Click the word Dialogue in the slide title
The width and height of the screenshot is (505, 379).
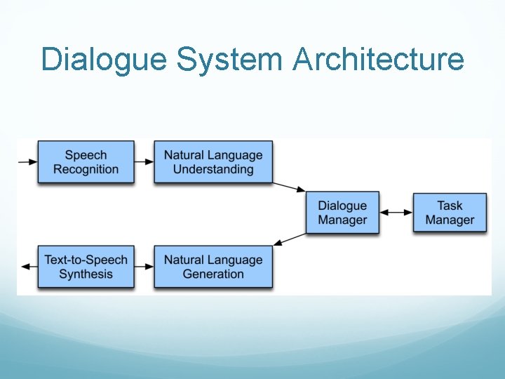point(105,60)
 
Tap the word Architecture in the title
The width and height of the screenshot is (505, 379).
point(378,60)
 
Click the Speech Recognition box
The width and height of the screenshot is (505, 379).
point(86,162)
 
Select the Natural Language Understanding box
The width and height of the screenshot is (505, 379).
point(213,162)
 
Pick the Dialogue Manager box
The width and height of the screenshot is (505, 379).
point(342,213)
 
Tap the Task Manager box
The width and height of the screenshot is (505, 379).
point(450,213)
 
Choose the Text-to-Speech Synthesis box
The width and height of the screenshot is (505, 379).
point(86,267)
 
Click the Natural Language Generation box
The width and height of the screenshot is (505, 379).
point(213,267)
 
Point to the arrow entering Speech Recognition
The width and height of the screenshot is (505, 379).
point(27,162)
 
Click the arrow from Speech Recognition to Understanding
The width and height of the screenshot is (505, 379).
point(144,162)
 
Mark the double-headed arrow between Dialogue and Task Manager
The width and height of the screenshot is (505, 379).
point(396,212)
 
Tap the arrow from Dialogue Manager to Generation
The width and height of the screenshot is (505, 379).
point(289,239)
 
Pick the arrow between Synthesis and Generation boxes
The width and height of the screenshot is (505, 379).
point(144,267)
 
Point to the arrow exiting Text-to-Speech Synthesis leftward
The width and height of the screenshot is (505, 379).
point(28,267)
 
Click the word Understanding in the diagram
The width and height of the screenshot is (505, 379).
point(213,169)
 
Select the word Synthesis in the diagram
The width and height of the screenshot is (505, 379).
point(86,274)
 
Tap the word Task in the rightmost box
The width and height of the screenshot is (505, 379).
point(450,206)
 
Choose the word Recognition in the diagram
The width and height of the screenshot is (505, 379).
point(86,169)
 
